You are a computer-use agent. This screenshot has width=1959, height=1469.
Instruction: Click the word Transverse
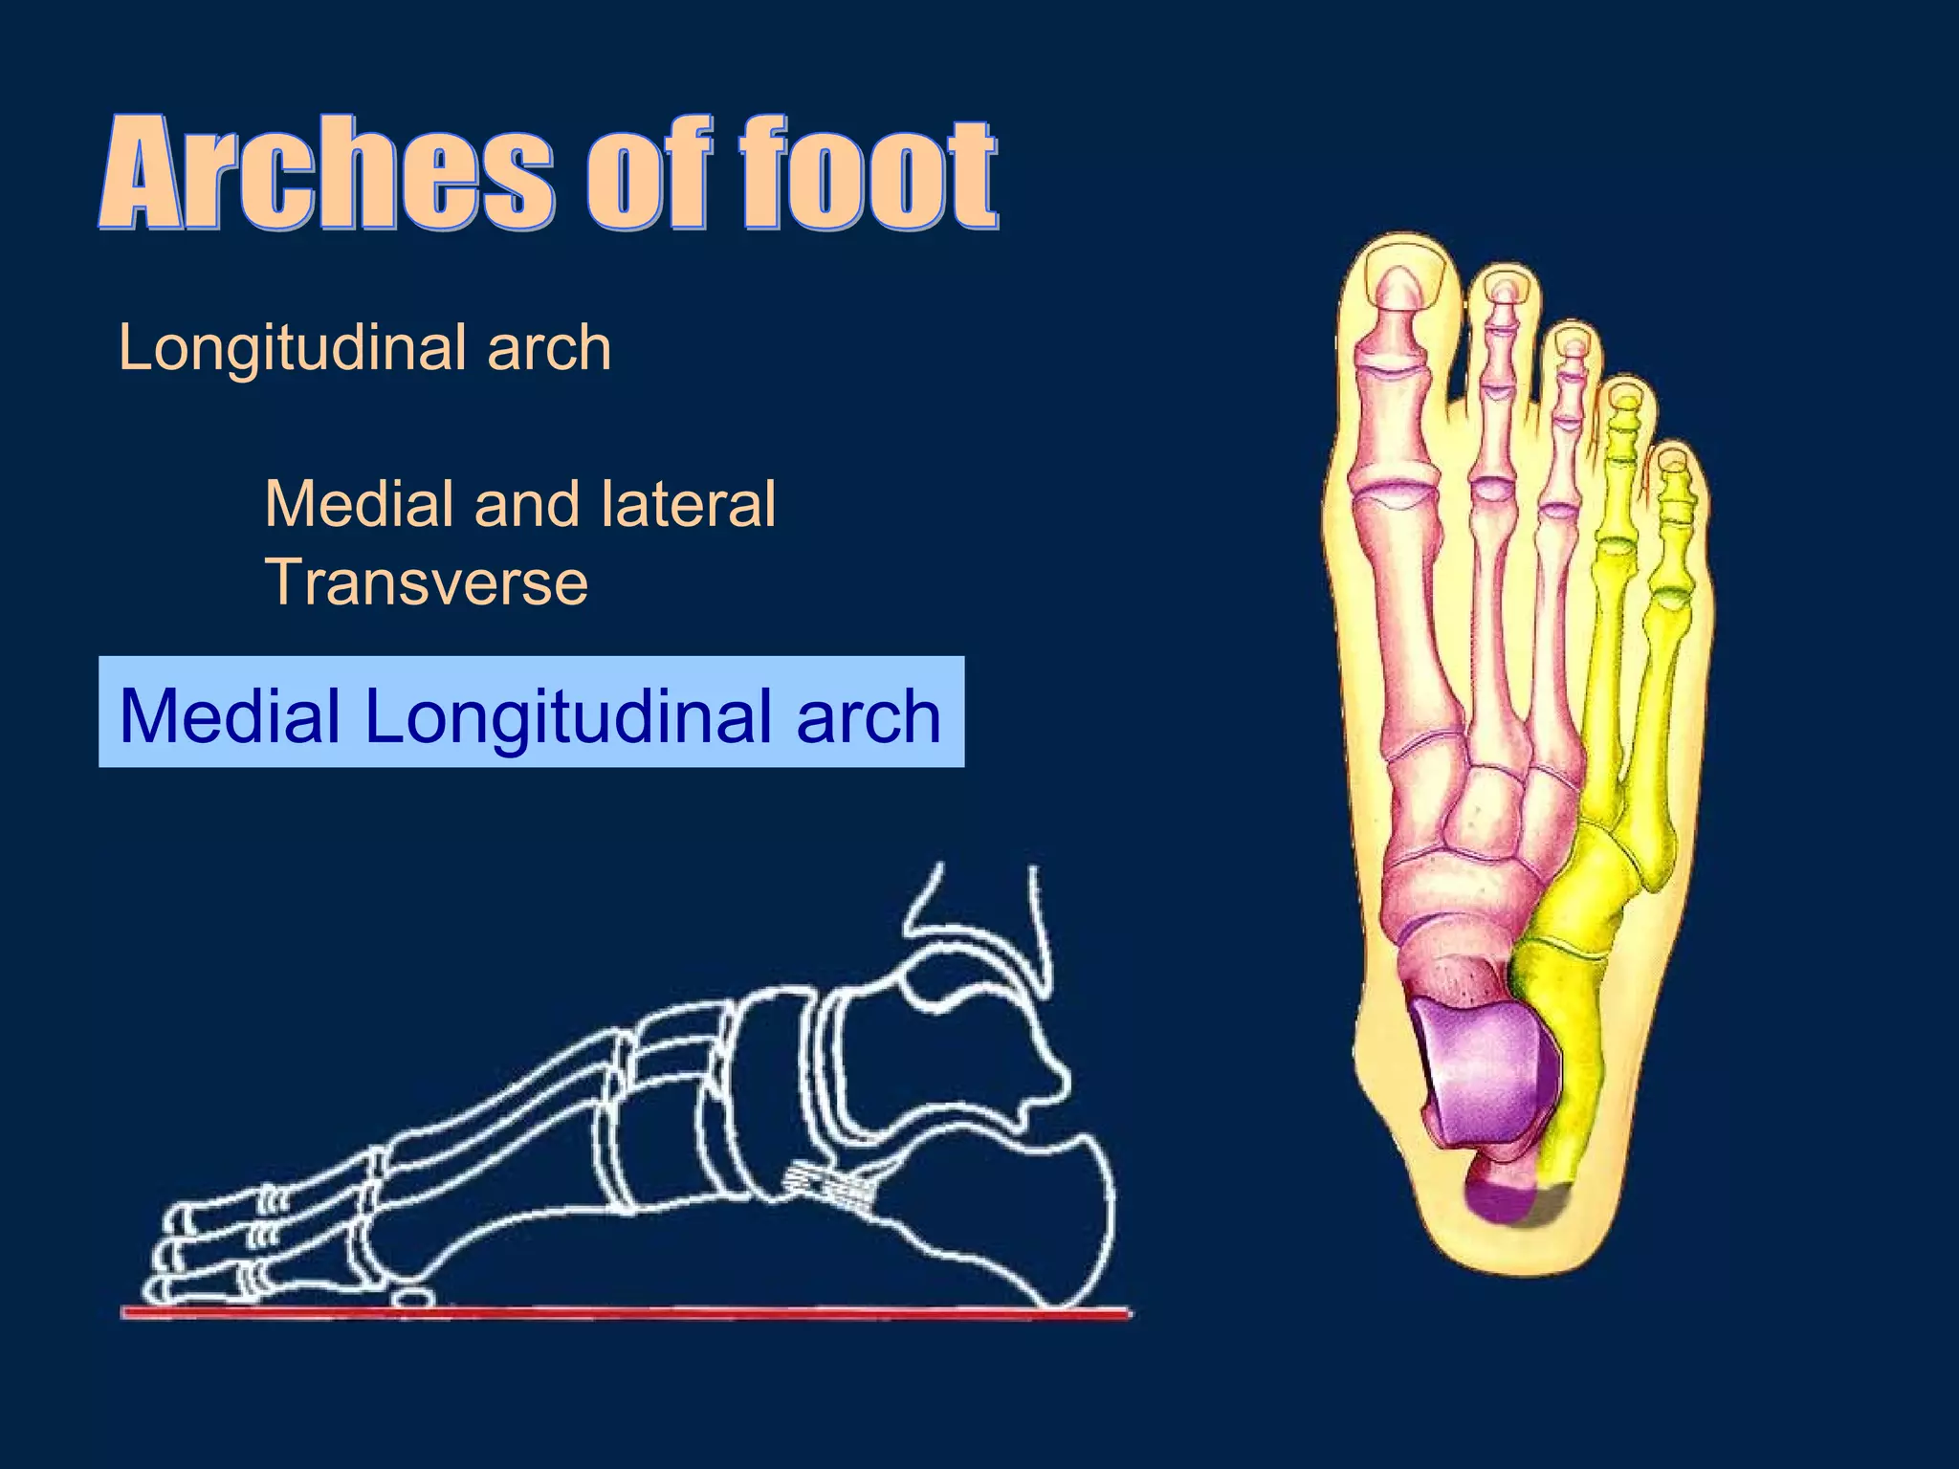coord(426,582)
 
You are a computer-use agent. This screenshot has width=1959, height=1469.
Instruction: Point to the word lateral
coord(688,504)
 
